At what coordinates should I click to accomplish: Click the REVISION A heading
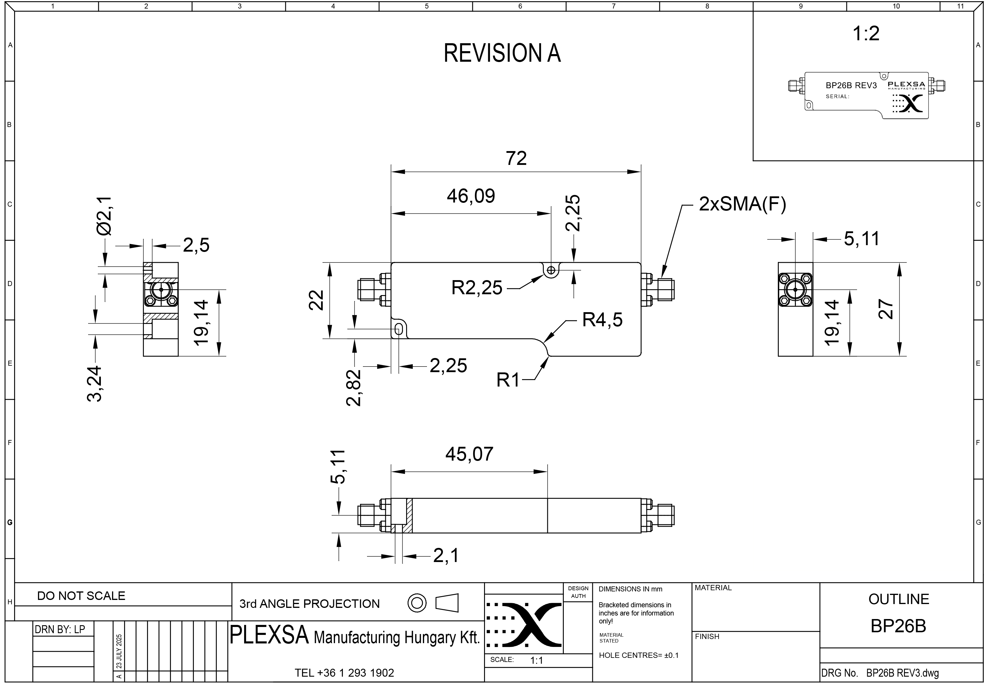tap(502, 53)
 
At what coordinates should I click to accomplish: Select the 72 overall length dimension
tap(516, 158)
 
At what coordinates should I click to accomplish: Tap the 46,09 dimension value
tap(471, 196)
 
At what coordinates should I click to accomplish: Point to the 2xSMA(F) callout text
tap(742, 204)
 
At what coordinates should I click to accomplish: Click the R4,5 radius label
tap(602, 320)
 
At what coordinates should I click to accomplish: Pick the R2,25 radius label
tap(477, 287)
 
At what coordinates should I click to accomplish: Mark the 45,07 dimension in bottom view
tap(469, 454)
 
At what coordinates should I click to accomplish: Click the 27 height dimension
tap(885, 309)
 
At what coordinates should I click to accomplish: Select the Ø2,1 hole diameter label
tap(104, 216)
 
